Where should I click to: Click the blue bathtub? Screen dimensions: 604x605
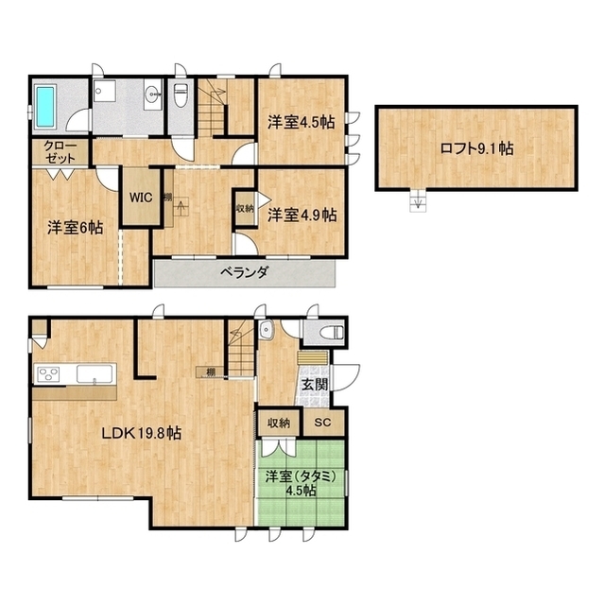[46, 107]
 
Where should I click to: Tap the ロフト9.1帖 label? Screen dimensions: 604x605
[476, 148]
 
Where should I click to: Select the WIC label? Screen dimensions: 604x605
[141, 198]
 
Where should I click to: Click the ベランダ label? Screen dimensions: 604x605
[244, 273]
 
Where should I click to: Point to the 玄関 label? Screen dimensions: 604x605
[315, 385]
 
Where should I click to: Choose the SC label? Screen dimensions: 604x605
[322, 423]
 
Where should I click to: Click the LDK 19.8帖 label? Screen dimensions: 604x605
[142, 433]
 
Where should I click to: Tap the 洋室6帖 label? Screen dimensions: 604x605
[76, 228]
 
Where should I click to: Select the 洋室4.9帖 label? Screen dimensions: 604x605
[302, 215]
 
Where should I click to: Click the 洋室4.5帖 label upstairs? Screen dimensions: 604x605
[302, 122]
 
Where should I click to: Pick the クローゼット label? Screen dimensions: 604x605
[60, 152]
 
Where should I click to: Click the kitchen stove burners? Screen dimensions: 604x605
[48, 374]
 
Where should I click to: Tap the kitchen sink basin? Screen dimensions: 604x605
[95, 374]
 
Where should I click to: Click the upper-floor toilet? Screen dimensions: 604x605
[181, 95]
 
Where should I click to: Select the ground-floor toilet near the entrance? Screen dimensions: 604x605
[333, 332]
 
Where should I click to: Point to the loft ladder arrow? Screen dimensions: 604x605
[418, 201]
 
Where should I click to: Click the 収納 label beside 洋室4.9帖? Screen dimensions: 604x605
[245, 208]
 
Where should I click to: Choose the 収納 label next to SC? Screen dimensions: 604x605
[279, 423]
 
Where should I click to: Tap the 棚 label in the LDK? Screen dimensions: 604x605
[210, 372]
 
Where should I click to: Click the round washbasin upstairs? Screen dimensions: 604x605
[153, 93]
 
